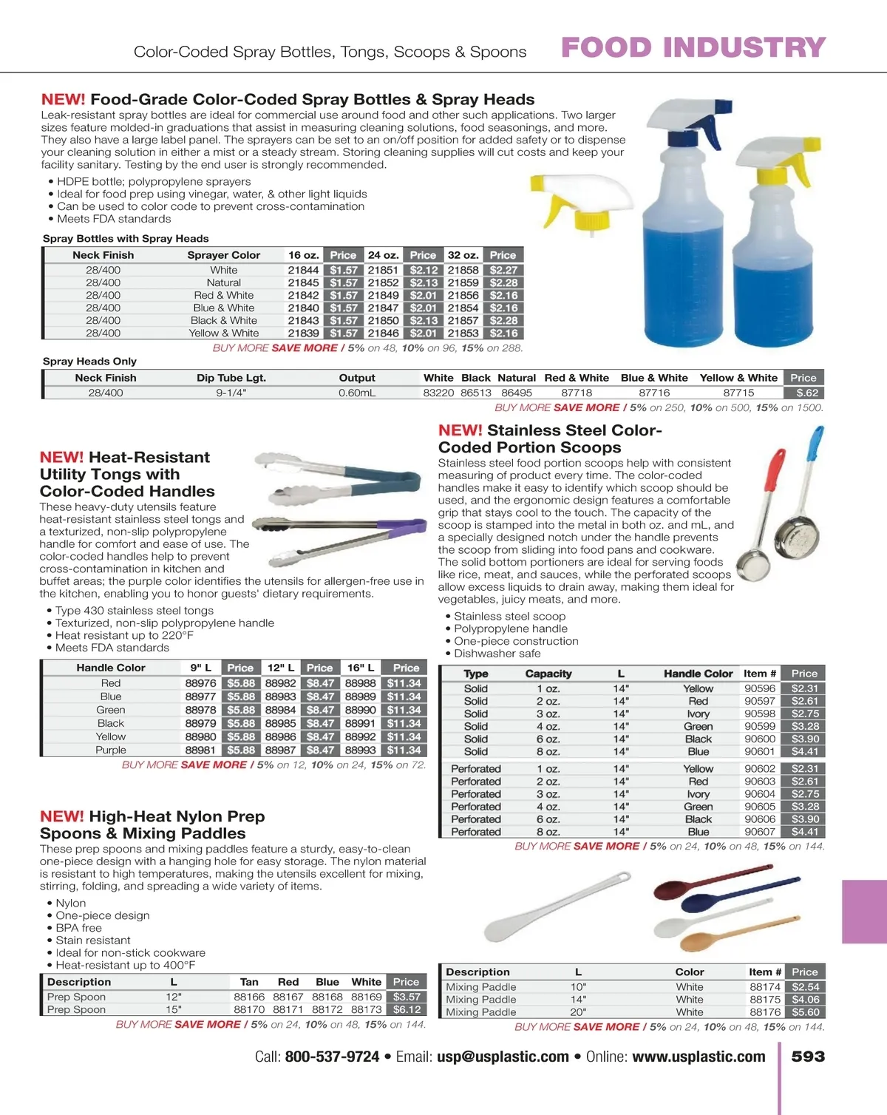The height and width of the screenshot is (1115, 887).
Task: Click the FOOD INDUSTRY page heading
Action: (693, 47)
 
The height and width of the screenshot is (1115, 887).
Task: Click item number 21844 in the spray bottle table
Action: (303, 270)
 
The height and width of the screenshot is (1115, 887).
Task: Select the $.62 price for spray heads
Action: (803, 393)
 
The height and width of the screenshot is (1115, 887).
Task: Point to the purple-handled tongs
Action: (340, 525)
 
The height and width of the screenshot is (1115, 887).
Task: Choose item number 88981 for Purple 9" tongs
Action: (200, 750)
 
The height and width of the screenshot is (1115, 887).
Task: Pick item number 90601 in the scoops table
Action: (760, 751)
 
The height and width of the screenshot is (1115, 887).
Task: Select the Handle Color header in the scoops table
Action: (698, 674)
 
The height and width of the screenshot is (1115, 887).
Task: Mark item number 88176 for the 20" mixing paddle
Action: (764, 1012)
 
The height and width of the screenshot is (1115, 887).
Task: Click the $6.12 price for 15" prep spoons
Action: (407, 1009)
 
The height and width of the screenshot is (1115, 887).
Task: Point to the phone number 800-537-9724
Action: (332, 1057)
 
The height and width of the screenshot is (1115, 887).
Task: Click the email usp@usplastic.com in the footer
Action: (503, 1057)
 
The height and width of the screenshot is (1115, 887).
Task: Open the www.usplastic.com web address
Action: (699, 1057)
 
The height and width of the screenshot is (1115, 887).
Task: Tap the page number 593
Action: (808, 1057)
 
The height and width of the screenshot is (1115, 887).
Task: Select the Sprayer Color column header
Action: (223, 255)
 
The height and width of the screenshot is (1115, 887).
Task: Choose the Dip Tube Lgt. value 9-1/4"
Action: (231, 393)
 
